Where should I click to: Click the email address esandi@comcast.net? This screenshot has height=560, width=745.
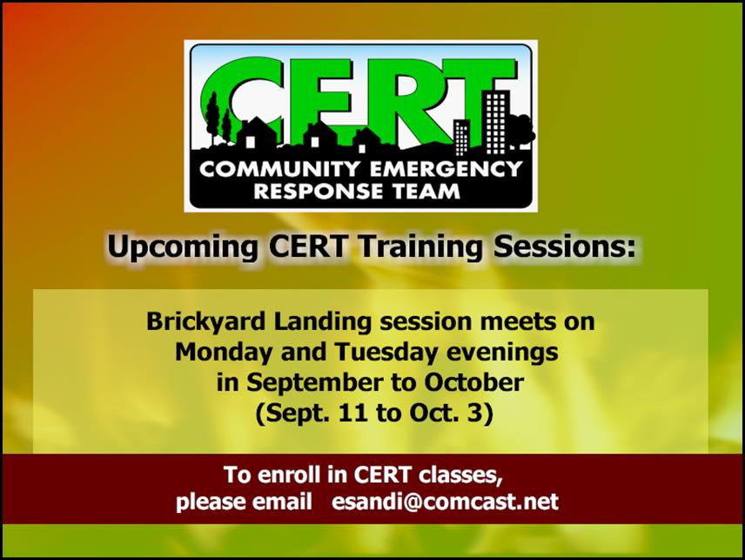click(x=445, y=502)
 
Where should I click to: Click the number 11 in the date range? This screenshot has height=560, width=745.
click(x=352, y=413)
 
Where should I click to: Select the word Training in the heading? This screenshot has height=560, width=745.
click(x=420, y=247)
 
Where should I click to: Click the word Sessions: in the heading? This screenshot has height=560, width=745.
click(x=565, y=246)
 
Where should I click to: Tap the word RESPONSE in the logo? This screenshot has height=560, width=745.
click(x=319, y=191)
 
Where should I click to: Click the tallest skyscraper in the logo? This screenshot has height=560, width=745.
click(x=496, y=122)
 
